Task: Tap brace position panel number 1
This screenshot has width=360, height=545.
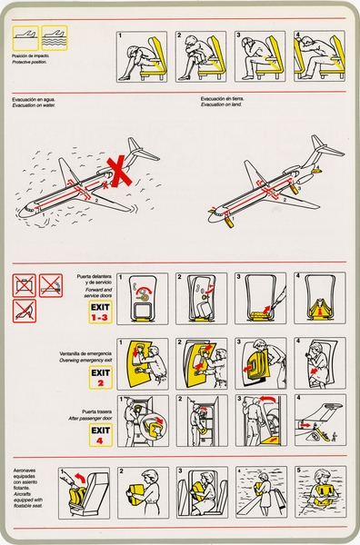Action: (x=141, y=56)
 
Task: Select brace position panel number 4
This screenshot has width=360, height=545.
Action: (x=319, y=56)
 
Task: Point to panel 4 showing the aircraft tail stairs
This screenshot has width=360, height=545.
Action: (x=319, y=420)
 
